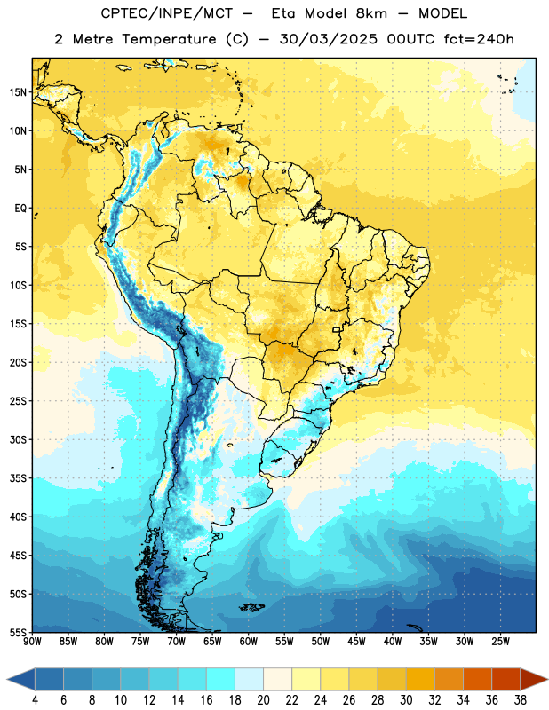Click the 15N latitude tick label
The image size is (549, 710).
[18, 92]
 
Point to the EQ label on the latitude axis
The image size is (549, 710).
[20, 209]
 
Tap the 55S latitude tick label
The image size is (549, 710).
[18, 632]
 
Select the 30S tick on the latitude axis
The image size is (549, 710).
[18, 439]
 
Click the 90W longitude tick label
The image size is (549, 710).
[32, 642]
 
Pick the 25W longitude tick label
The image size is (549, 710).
[500, 642]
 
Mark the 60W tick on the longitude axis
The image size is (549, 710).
[249, 642]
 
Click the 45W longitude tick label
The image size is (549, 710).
[357, 642]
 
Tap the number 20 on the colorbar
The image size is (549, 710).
[263, 700]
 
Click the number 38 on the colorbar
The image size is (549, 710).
[521, 700]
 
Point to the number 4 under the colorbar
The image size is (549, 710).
[35, 700]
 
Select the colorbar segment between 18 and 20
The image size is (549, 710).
[250, 679]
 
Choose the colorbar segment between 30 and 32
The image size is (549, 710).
[421, 679]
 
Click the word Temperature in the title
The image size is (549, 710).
[169, 39]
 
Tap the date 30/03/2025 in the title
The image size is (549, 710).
[328, 39]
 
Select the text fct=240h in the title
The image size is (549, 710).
[479, 39]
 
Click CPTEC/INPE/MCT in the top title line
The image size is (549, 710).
[166, 13]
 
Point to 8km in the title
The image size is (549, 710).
[371, 13]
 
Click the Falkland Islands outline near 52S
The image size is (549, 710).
[251, 607]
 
